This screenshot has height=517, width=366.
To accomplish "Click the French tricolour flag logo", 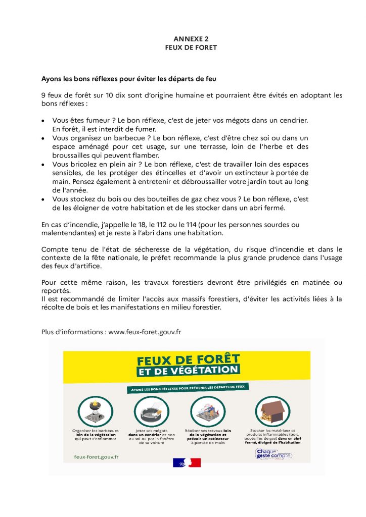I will [x=187, y=462].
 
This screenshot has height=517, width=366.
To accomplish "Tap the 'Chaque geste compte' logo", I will [x=273, y=454].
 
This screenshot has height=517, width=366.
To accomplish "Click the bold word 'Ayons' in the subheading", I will [x=52, y=79].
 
